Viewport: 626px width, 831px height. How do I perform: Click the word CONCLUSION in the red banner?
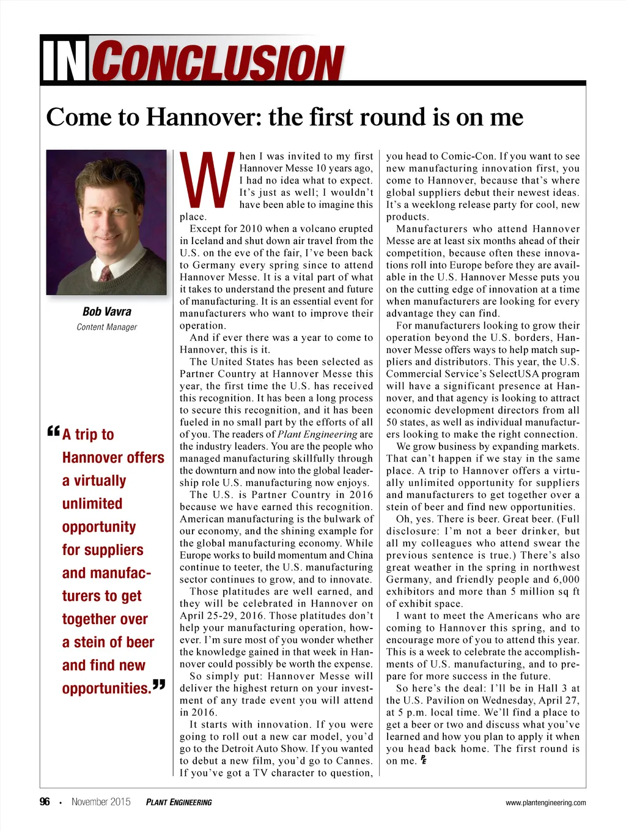pos(220,62)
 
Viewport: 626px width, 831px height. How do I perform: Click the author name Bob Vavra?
pos(106,311)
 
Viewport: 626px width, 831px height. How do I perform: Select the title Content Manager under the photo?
pos(106,327)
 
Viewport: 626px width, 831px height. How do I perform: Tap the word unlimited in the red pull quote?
pos(92,504)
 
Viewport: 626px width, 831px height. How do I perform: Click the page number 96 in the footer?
pos(45,802)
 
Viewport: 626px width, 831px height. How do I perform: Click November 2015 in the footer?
pos(101,802)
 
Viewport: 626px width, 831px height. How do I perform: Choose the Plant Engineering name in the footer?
pos(179,802)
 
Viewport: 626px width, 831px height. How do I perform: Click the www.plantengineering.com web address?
pos(545,803)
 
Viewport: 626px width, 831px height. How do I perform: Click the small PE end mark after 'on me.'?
pos(423,761)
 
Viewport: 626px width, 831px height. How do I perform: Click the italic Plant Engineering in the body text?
pos(317,434)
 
